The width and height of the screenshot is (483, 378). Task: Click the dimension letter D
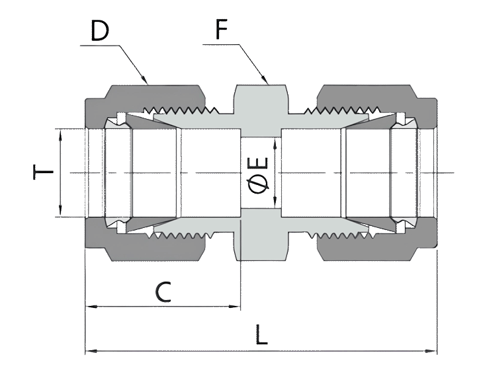coord(100,31)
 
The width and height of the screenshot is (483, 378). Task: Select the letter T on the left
coord(44,173)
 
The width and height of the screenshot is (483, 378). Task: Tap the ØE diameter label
coord(260,174)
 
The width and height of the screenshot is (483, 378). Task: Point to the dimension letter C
coord(163,291)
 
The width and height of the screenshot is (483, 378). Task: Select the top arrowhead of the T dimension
coord(60,133)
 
